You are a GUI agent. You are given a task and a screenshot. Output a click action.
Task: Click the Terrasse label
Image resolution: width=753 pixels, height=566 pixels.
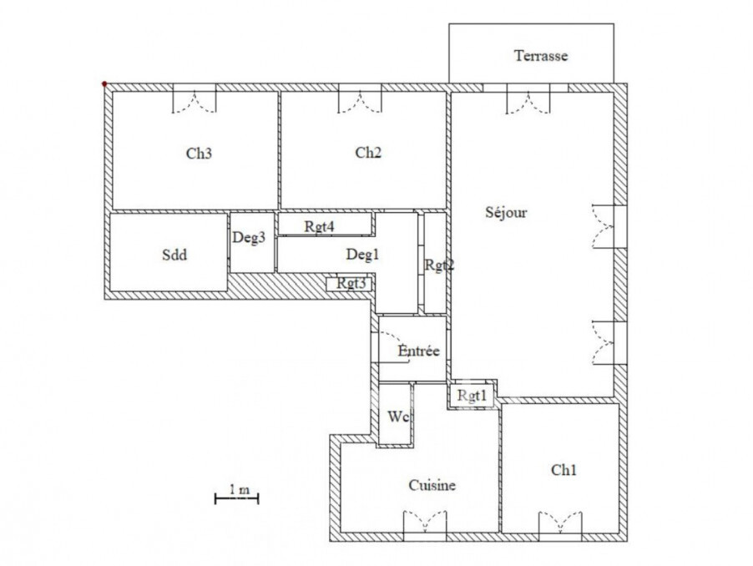point(541,56)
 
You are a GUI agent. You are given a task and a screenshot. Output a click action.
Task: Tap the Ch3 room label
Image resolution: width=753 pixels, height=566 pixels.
point(199,154)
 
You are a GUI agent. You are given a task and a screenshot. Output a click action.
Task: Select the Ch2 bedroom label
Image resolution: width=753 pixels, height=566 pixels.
point(368,153)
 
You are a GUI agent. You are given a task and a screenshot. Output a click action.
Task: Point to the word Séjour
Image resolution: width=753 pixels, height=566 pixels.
point(506,212)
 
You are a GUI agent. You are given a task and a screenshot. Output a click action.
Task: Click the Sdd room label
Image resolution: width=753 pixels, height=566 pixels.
point(174,255)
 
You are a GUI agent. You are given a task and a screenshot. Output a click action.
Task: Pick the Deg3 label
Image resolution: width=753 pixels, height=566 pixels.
point(249,237)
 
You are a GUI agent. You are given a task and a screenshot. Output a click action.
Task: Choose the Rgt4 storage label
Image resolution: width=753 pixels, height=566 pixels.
point(320,226)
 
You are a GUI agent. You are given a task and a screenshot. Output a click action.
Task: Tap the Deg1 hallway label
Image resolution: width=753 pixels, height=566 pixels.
point(362,254)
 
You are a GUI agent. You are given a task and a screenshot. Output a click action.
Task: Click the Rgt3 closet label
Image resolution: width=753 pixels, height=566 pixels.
point(351,283)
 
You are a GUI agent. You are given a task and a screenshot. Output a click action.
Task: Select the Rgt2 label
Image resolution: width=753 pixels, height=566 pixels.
point(439,265)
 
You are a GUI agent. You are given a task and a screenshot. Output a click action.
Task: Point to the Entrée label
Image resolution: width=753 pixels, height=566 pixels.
point(419,351)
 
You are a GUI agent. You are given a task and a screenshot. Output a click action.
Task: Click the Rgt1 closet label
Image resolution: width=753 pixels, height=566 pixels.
point(472,395)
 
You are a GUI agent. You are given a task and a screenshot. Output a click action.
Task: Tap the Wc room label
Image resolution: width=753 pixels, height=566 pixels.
point(398,417)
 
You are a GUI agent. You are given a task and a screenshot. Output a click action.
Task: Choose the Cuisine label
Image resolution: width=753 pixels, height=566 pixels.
point(432,485)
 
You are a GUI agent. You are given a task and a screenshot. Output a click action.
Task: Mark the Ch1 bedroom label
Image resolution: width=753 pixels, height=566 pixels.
point(563,469)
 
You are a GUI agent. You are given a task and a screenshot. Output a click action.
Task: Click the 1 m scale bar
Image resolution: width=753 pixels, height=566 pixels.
point(237,498)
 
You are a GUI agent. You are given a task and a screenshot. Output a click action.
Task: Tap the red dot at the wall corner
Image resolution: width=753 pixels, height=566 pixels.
point(104,84)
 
